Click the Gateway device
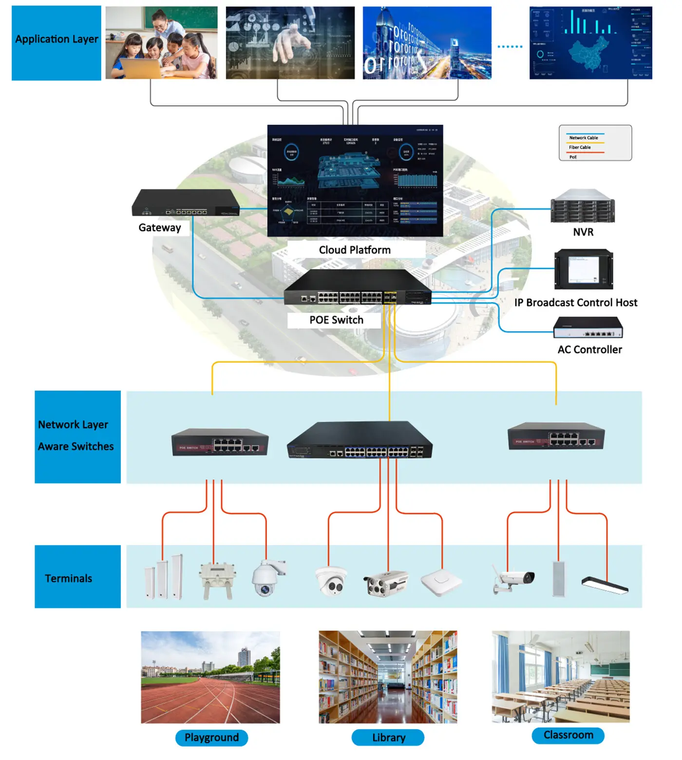(185, 203)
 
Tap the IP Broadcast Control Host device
(584, 270)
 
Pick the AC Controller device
(588, 328)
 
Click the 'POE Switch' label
(336, 320)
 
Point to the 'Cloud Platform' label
(355, 250)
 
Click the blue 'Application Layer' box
(57, 43)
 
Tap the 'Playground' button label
(211, 738)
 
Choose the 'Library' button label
(388, 738)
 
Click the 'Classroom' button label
(568, 735)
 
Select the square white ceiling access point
(440, 582)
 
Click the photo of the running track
(210, 677)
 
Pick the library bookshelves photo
(388, 677)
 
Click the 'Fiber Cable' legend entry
(580, 147)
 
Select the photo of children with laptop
(161, 43)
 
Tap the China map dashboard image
(590, 43)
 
